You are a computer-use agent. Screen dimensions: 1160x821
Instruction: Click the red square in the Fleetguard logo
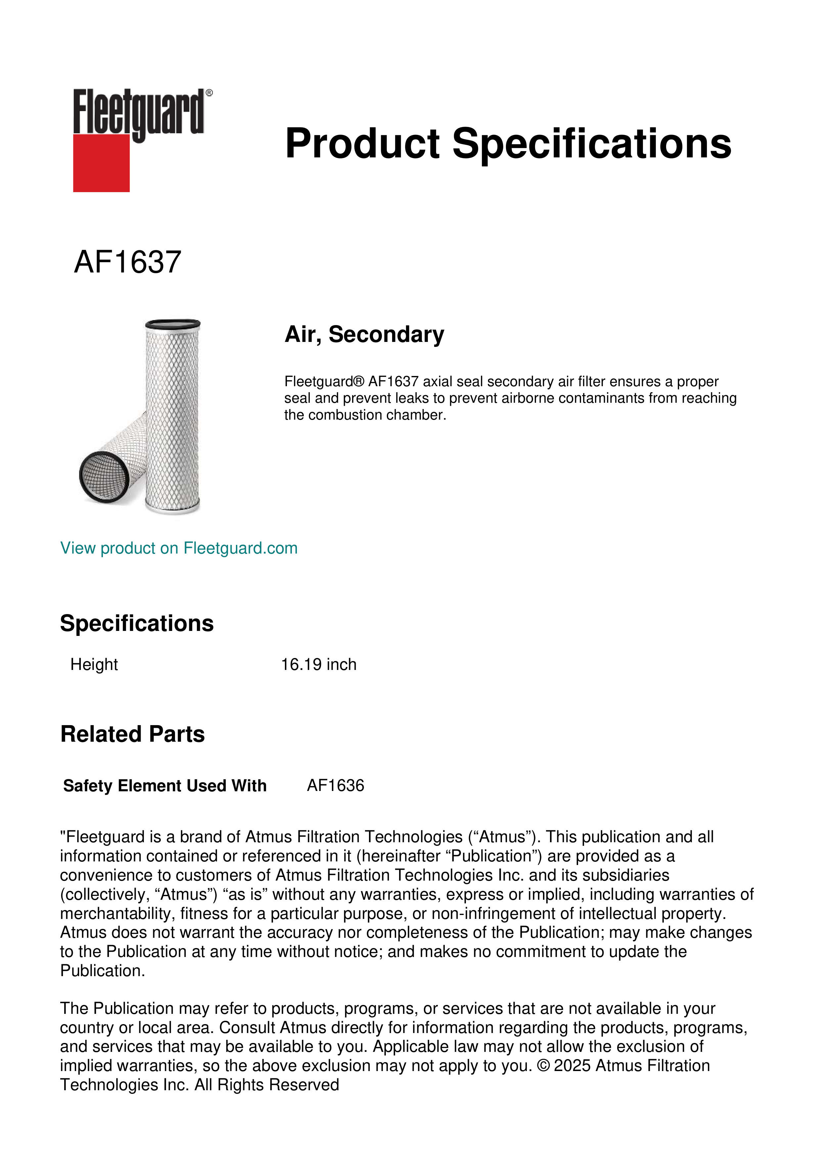point(101,163)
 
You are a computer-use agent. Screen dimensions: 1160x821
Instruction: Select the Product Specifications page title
point(508,144)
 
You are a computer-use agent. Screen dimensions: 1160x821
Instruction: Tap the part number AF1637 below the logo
point(127,262)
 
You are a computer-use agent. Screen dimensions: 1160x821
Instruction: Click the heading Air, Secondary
point(364,334)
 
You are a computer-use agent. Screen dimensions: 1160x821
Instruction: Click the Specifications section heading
point(136,623)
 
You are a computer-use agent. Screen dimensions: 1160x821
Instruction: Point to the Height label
point(94,664)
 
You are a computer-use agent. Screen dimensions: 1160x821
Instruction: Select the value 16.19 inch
point(318,664)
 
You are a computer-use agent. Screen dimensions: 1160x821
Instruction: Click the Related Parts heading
point(132,734)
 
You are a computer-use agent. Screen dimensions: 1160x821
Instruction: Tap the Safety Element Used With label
point(165,786)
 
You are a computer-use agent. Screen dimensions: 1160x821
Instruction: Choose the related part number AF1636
point(335,786)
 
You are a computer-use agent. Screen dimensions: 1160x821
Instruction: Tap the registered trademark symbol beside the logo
point(209,93)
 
